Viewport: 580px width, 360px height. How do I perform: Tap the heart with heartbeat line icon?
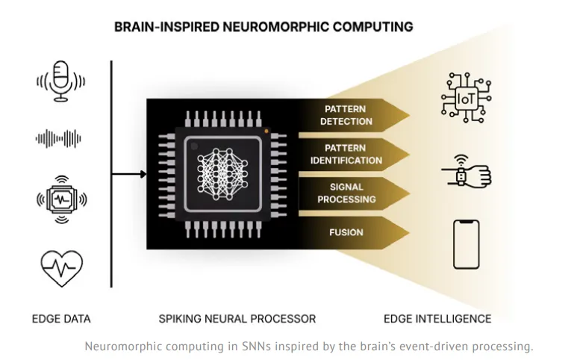pyautogui.click(x=60, y=267)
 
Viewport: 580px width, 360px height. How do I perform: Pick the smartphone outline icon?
pyautogui.click(x=467, y=244)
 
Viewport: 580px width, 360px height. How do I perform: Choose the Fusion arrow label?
pyautogui.click(x=346, y=232)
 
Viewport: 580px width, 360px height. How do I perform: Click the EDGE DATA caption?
pyautogui.click(x=60, y=319)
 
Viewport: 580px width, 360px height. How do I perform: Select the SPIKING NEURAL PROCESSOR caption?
pyautogui.click(x=237, y=319)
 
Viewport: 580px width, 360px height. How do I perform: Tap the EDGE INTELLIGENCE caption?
pyautogui.click(x=437, y=319)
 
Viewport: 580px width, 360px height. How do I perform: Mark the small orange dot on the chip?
pyautogui.click(x=266, y=131)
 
